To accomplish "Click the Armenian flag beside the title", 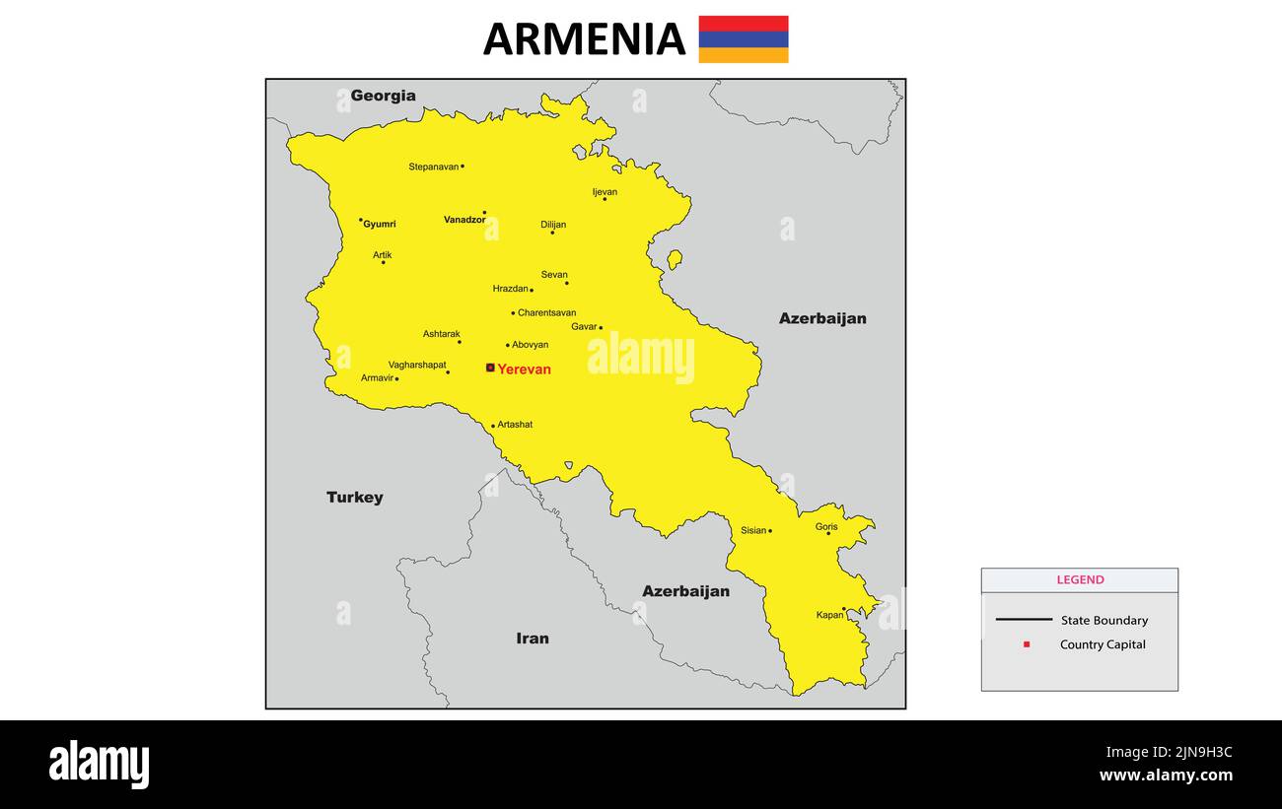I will point(743,39).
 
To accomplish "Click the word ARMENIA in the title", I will point(584,39).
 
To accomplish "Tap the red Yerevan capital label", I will point(524,370).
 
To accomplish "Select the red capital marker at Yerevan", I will point(490,368).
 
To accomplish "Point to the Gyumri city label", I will point(380,225).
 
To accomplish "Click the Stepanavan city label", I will point(434,167).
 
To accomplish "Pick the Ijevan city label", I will point(605,192).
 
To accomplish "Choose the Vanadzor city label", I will point(464,220).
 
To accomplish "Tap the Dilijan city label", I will point(553,225).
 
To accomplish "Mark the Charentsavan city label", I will point(546,313).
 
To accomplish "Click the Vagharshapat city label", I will point(417,365).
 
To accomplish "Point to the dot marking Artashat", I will point(493,426).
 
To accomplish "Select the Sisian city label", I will point(753,530).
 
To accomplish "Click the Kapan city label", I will point(829,615).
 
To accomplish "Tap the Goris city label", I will point(826,526).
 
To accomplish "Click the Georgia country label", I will point(383,96).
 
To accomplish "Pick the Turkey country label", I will point(355,498).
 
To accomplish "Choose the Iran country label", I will point(533,639).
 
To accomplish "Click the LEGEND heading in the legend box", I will point(1080,580).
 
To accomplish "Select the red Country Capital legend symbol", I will point(1027,644).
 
